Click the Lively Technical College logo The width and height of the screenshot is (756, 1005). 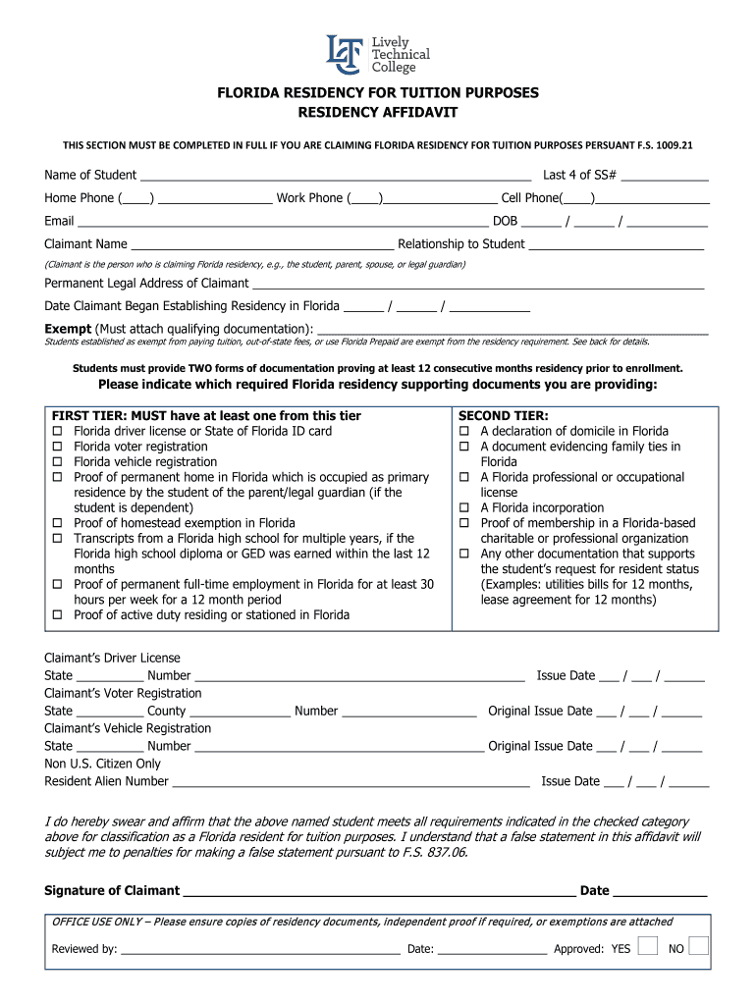pyautogui.click(x=377, y=54)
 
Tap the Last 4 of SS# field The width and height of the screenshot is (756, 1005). pyautogui.click(x=665, y=177)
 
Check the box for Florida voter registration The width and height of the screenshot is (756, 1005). pyautogui.click(x=57, y=447)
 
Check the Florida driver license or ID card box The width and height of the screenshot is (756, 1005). pyautogui.click(x=57, y=432)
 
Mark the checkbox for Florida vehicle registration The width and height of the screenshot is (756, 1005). pyautogui.click(x=57, y=462)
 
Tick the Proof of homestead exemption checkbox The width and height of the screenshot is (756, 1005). pyautogui.click(x=57, y=524)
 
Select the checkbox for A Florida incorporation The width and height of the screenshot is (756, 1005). pyautogui.click(x=464, y=508)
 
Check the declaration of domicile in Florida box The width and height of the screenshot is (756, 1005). pyautogui.click(x=464, y=432)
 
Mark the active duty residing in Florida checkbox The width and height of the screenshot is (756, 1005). pyautogui.click(x=57, y=615)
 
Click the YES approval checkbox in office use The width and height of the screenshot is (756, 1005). pyautogui.click(x=647, y=946)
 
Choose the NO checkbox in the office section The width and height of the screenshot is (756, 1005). pyautogui.click(x=698, y=946)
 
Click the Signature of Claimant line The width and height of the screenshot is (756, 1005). pyautogui.click(x=379, y=892)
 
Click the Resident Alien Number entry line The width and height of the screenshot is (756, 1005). pyautogui.click(x=351, y=783)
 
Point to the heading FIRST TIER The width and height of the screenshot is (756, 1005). pyautogui.click(x=206, y=416)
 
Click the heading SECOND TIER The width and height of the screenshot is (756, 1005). pyautogui.click(x=504, y=416)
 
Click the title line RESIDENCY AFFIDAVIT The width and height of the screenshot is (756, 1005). pyautogui.click(x=378, y=113)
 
